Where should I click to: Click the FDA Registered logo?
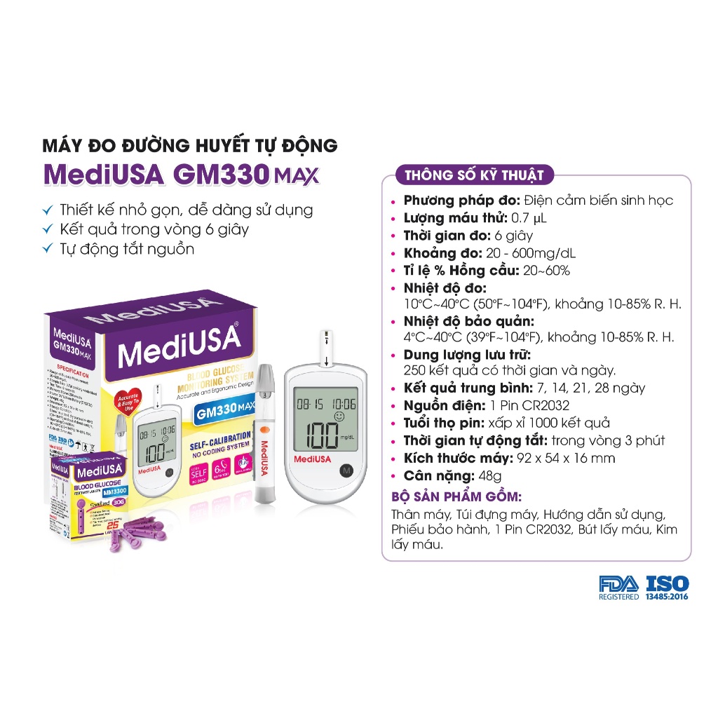pyautogui.click(x=618, y=588)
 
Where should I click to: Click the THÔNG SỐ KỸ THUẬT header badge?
pyautogui.click(x=474, y=175)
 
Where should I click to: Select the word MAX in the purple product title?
pyautogui.click(x=297, y=175)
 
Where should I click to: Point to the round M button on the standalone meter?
pyautogui.click(x=345, y=471)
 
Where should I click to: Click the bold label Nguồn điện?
pyautogui.click(x=444, y=405)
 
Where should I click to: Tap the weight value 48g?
pyautogui.click(x=488, y=475)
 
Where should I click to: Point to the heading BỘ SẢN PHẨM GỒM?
pyautogui.click(x=456, y=496)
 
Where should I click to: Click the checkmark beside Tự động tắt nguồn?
pyautogui.click(x=48, y=249)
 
